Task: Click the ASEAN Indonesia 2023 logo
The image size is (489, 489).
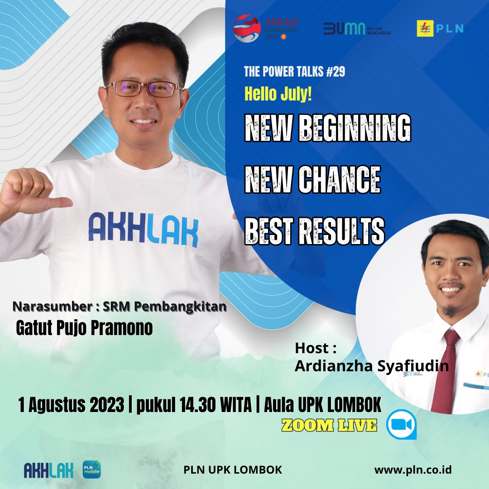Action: (x=266, y=29)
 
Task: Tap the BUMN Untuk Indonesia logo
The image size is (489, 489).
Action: (x=357, y=29)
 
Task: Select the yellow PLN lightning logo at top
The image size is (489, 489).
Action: (x=425, y=29)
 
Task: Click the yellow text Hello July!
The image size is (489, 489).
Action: (x=278, y=94)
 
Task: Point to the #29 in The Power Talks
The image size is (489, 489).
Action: (x=336, y=72)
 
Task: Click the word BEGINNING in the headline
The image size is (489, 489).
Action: (x=355, y=128)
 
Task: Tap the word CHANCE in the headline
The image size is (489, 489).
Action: (x=340, y=179)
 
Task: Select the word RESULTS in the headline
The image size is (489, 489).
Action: (x=342, y=231)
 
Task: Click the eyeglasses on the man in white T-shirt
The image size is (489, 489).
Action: (x=144, y=89)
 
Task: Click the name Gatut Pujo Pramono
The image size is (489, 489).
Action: (x=84, y=328)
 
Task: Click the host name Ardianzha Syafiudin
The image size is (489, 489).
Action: (x=372, y=365)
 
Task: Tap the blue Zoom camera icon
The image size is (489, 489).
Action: (x=401, y=424)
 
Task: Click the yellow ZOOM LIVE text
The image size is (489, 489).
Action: (x=329, y=425)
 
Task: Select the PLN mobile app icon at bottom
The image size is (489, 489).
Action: (x=91, y=470)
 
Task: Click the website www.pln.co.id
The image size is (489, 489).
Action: (x=413, y=470)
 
